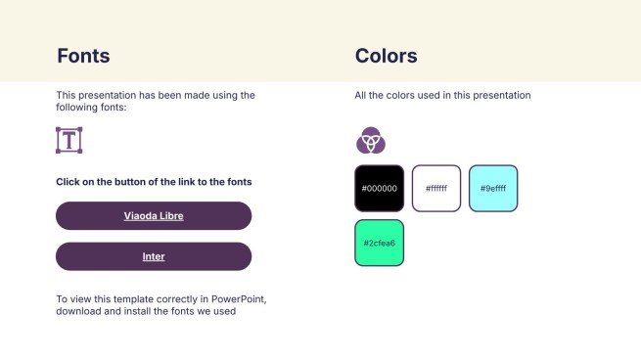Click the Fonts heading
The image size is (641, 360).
83,56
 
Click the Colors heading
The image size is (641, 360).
386,56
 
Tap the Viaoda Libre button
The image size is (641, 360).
154,215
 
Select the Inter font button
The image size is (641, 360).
154,256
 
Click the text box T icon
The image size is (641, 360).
69,140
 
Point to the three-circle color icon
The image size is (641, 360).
370,141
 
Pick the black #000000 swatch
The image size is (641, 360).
379,188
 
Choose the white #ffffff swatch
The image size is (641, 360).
435,188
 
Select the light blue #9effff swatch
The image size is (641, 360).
493,188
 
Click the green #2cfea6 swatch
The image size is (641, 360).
379,243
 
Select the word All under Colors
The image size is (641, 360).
361,96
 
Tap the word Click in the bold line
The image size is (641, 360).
69,182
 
